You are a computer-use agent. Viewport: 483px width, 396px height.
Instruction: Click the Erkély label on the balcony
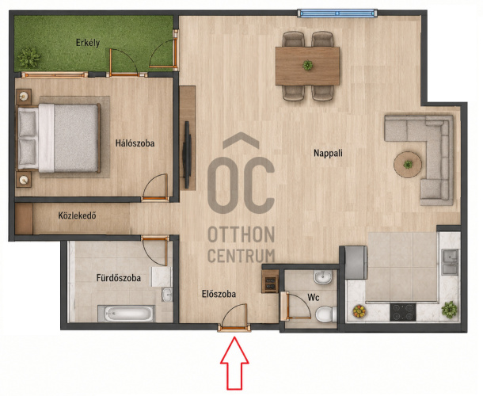[x=88, y=43]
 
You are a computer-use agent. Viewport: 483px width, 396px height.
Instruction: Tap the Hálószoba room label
[x=135, y=143]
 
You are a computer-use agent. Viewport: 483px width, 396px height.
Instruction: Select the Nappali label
[x=328, y=153]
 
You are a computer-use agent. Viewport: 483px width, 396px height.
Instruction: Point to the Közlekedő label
[x=77, y=215]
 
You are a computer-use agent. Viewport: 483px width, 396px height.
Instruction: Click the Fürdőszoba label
[x=119, y=278]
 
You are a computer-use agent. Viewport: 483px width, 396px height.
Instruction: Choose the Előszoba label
[x=219, y=294]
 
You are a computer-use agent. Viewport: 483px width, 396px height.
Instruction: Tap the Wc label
[x=314, y=298]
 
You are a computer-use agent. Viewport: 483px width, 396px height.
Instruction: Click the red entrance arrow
[x=234, y=363]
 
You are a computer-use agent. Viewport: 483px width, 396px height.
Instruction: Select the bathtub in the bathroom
[x=127, y=314]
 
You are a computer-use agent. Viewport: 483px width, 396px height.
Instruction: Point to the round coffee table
[x=408, y=164]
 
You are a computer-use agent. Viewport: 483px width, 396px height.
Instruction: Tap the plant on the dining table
[x=307, y=65]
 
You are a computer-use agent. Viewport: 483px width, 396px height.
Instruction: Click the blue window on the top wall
[x=337, y=13]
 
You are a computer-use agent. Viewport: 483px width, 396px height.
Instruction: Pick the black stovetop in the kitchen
[x=402, y=312]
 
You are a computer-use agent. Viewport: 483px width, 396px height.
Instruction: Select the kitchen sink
[x=450, y=262]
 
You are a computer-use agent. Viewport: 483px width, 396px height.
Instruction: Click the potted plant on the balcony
[x=29, y=58]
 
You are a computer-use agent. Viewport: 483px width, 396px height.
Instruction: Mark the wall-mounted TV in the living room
[x=187, y=154]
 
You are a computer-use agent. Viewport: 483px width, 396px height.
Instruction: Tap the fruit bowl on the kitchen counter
[x=359, y=311]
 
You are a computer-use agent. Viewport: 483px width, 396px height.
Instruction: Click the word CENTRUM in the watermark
[x=241, y=256]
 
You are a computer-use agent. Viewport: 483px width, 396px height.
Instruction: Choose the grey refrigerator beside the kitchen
[x=356, y=263]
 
